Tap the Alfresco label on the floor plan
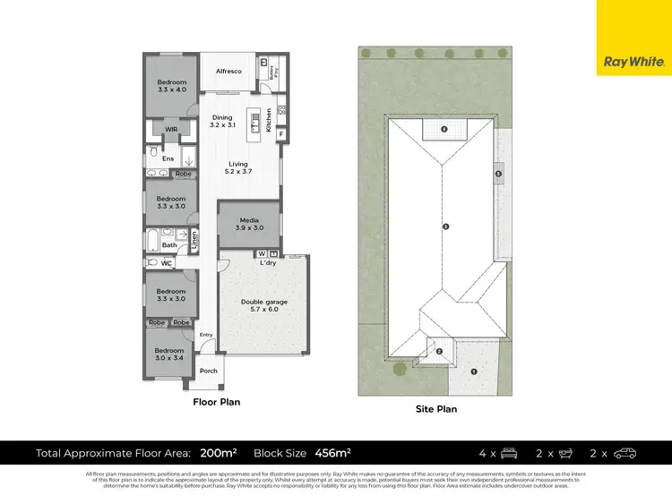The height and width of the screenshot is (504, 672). [x=228, y=71]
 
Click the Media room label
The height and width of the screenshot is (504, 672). [x=250, y=224]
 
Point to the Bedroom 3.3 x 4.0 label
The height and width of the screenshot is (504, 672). [x=171, y=87]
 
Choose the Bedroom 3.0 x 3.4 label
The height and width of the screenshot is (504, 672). [x=168, y=355]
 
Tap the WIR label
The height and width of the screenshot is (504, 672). [x=169, y=129]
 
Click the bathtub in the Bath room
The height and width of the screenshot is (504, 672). [x=155, y=241]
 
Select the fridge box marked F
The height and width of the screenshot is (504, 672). [x=280, y=134]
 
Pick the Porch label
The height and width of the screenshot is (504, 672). [x=208, y=371]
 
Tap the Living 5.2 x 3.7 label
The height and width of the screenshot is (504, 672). [x=237, y=168]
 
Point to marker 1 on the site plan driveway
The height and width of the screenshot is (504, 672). [x=474, y=371]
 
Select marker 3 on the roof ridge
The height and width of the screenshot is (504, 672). [x=445, y=226]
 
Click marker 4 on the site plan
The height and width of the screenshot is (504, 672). [x=445, y=129]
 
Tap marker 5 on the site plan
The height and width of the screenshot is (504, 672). [x=498, y=174]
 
